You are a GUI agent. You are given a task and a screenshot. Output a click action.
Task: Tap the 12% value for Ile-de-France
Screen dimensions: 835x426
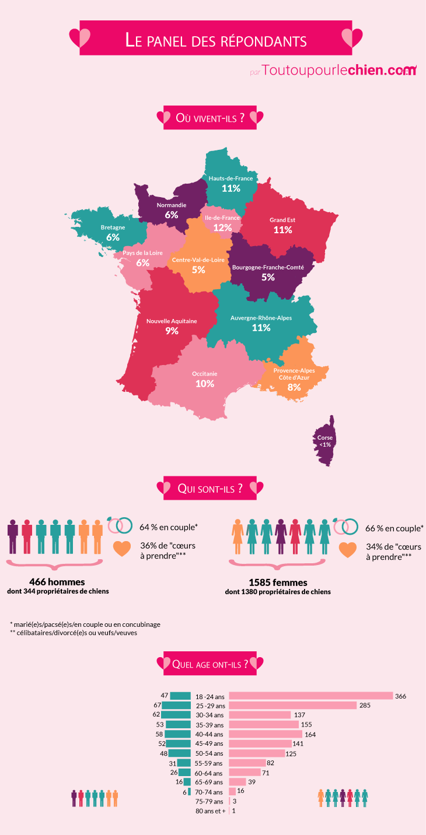click(x=222, y=227)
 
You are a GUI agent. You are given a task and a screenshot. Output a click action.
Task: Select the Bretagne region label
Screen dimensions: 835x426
click(x=113, y=227)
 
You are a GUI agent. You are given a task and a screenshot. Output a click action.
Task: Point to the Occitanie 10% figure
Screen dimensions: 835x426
click(x=205, y=384)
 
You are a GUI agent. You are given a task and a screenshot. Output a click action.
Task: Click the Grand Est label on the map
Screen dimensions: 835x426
click(x=282, y=220)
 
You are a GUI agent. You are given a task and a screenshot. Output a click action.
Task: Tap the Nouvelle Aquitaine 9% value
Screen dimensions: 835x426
click(x=172, y=331)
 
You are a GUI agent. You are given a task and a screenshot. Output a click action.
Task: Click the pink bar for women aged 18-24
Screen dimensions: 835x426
click(x=310, y=696)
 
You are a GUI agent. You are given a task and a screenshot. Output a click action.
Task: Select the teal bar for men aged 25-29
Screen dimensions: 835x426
click(x=176, y=706)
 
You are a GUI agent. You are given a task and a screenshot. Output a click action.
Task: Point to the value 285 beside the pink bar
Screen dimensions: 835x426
click(x=365, y=706)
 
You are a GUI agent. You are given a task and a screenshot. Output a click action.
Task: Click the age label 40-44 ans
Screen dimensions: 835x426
click(x=209, y=734)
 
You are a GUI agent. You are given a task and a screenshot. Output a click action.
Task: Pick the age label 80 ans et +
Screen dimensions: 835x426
click(x=210, y=811)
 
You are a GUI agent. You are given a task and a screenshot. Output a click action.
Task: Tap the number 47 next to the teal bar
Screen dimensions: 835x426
click(x=164, y=696)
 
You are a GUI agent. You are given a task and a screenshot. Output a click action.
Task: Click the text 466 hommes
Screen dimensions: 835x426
click(x=57, y=582)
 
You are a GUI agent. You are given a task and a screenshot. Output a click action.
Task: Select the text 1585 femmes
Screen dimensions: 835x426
click(x=278, y=582)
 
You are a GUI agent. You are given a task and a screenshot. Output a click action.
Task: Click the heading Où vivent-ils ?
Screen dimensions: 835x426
click(x=210, y=118)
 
